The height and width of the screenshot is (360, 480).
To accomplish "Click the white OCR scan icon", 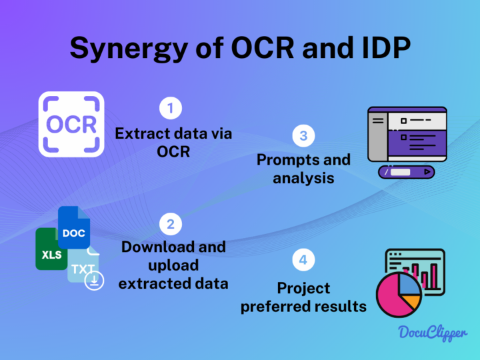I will pos(71,124).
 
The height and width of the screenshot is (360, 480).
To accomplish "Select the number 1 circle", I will pos(171,107).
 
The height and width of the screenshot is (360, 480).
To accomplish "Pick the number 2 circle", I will pos(171,224).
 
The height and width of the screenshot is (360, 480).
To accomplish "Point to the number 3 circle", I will pos(303,135).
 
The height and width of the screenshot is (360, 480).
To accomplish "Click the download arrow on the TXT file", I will pos(96,281).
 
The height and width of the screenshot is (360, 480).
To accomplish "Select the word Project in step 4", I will pos(303,288).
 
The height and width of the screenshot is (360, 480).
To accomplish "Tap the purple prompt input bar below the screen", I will pos(407,173).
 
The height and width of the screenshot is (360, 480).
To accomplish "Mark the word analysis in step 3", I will pos(303,178).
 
